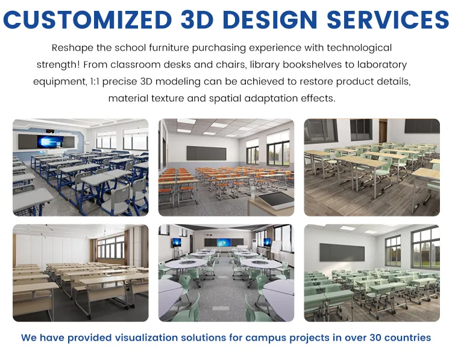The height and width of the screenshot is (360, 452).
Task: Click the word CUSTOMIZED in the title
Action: [88, 19]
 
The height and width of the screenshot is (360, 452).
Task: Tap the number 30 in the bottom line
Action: [376, 338]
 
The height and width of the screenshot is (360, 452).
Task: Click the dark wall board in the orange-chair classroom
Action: [206, 153]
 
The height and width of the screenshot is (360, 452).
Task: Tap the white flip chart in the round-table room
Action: [275, 247]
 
